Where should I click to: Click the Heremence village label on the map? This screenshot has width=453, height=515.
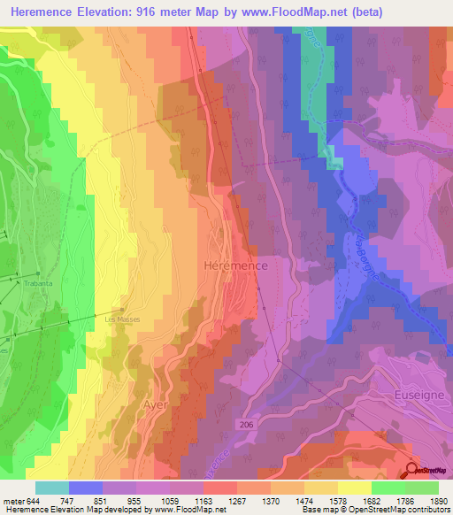point(234,265)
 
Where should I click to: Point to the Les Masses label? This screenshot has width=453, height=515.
point(122,319)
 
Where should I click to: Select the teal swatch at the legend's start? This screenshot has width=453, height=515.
point(51,488)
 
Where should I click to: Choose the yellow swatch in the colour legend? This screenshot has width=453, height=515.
point(354,488)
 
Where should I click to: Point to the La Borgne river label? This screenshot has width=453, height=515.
point(365,259)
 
